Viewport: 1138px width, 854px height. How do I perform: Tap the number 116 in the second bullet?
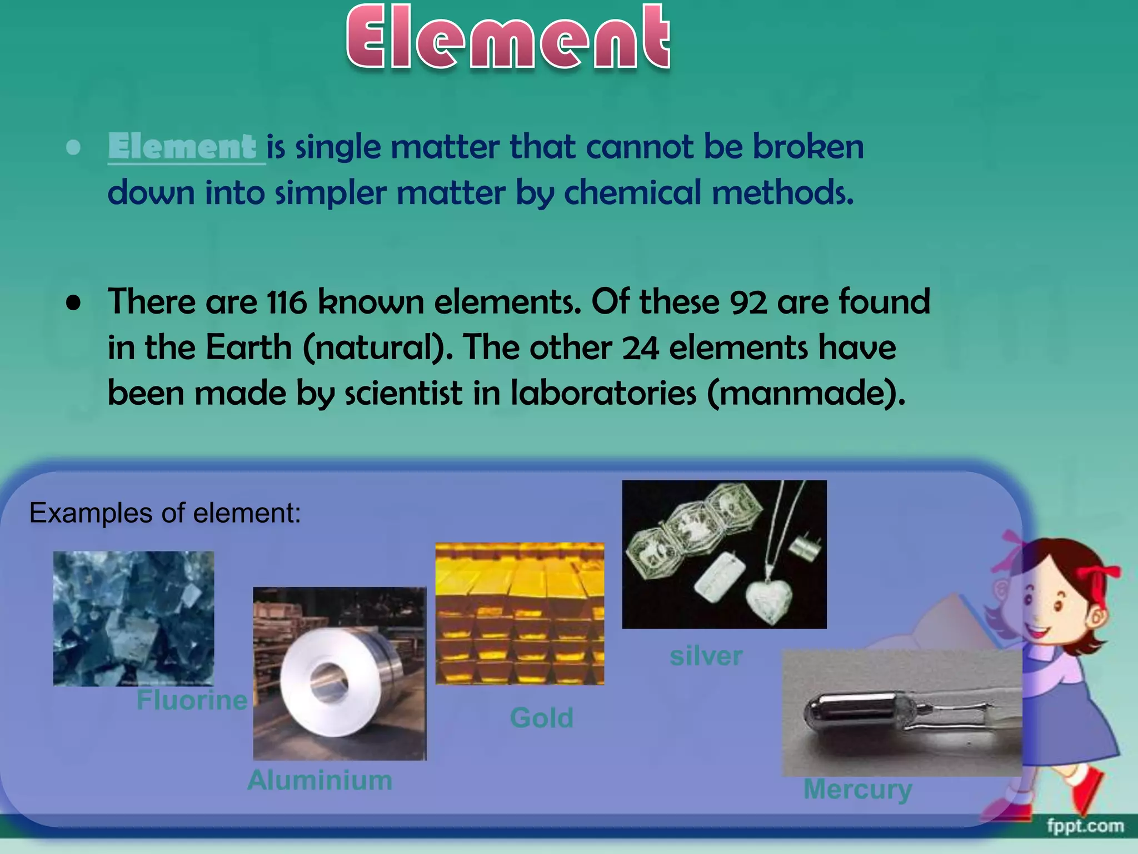click(287, 303)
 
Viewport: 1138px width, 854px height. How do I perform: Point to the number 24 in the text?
click(640, 349)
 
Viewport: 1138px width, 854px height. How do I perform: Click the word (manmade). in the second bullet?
click(806, 394)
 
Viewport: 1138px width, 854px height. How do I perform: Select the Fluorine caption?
click(192, 699)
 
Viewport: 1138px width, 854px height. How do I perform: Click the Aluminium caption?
click(320, 780)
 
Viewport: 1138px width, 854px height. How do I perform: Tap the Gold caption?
click(542, 717)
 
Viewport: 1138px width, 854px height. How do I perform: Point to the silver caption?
click(706, 656)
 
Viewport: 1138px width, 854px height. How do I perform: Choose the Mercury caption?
click(857, 789)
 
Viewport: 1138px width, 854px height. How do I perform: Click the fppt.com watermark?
click(1085, 826)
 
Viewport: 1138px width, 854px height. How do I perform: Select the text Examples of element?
click(165, 513)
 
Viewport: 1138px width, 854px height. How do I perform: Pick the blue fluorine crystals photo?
click(133, 618)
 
